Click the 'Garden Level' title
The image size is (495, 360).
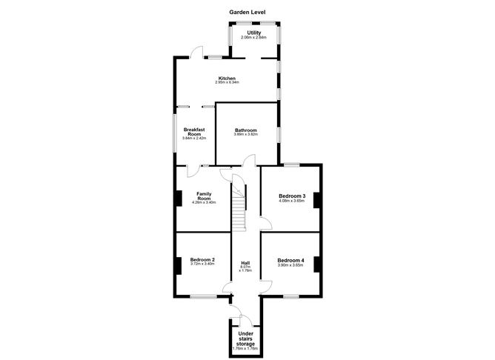(x=247, y=13)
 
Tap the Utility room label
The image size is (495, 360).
(x=253, y=33)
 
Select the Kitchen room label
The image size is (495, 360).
(x=227, y=79)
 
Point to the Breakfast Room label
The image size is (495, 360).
(x=194, y=131)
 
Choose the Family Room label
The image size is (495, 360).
(x=204, y=196)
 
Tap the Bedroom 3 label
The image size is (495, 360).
(x=290, y=195)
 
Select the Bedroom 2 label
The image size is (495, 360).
(x=202, y=259)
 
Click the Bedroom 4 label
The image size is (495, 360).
(x=290, y=260)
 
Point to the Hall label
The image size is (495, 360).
(x=245, y=263)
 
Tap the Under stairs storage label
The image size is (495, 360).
(x=245, y=338)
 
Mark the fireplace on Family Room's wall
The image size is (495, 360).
(x=178, y=199)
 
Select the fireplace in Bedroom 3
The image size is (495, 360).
(x=315, y=199)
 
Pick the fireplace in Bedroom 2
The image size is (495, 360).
(x=178, y=263)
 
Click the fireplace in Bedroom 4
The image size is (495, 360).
(x=315, y=263)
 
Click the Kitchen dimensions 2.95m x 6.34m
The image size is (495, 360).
(x=227, y=83)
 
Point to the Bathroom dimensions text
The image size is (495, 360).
(x=245, y=135)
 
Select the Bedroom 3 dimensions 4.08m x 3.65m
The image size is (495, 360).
(x=290, y=201)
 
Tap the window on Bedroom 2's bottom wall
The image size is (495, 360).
(x=202, y=296)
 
